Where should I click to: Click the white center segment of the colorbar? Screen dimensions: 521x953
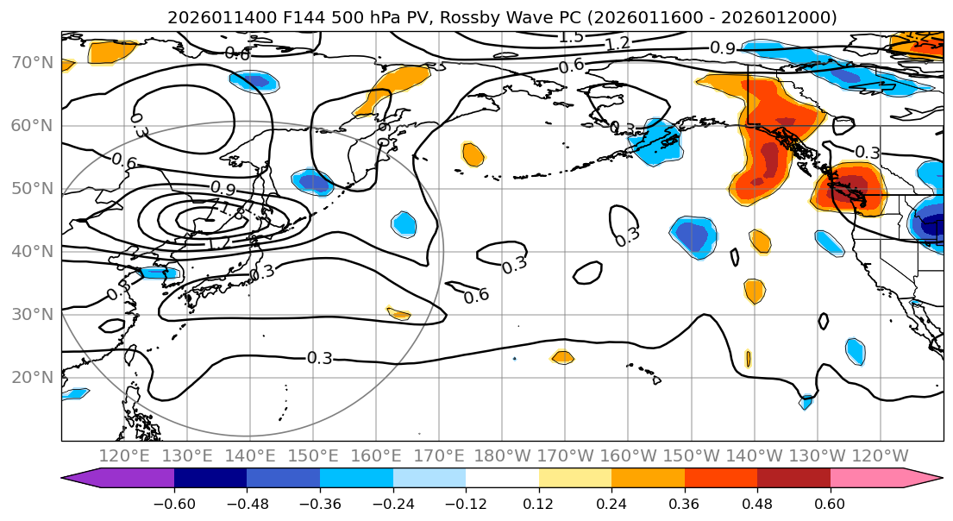click(x=502, y=479)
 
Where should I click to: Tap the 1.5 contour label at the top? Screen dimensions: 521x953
click(x=571, y=37)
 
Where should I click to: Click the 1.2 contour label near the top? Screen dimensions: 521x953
click(x=617, y=44)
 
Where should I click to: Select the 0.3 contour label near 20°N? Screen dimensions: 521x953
click(x=319, y=358)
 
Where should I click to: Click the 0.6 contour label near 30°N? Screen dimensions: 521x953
click(x=477, y=296)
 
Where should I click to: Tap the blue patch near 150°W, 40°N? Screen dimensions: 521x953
click(x=694, y=236)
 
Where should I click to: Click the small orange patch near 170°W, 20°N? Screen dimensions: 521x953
click(x=562, y=357)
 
